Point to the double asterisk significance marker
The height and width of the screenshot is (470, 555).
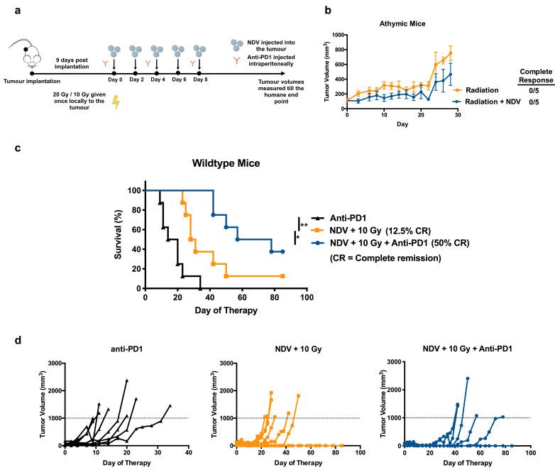[x=304, y=225]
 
